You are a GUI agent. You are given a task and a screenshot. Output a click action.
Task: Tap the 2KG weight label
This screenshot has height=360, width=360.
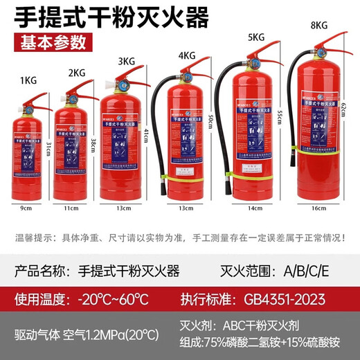click(75, 71)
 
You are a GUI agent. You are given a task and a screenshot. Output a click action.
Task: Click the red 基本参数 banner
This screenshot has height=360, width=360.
click(55, 41)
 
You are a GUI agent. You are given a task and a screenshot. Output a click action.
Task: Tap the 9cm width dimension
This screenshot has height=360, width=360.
click(26, 206)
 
